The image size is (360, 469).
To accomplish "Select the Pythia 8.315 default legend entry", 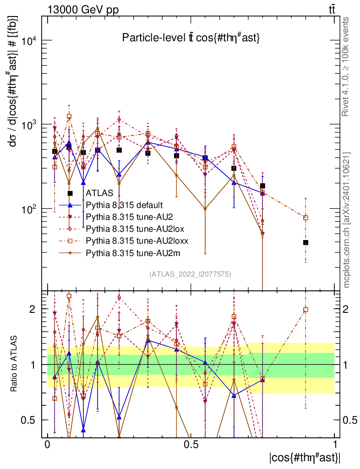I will pyautogui.click(x=125, y=205).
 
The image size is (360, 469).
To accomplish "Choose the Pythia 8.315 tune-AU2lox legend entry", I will pyautogui.click(x=131, y=228).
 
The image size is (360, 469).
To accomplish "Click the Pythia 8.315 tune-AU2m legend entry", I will pyautogui.click(x=128, y=252).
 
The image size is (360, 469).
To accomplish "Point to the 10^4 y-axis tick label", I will pyautogui.click(x=29, y=41).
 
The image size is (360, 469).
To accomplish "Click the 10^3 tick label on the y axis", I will pyautogui.click(x=29, y=125).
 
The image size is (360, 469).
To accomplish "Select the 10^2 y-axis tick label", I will pyautogui.click(x=29, y=209).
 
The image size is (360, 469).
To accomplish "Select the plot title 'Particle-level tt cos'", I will pyautogui.click(x=191, y=38).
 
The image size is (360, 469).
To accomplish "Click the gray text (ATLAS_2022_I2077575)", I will pyautogui.click(x=190, y=274).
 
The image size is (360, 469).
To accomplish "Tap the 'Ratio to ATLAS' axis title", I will pyautogui.click(x=15, y=364).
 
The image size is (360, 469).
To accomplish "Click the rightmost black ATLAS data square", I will pyautogui.click(x=305, y=242).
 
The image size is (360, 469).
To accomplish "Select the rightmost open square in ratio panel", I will pyautogui.click(x=305, y=310).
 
